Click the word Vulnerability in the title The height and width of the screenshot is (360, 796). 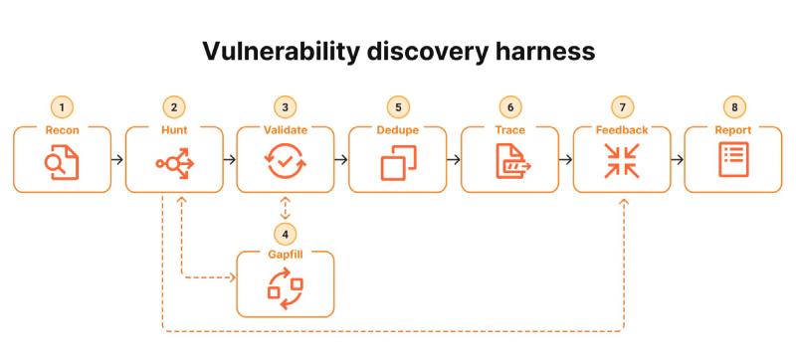click(x=281, y=51)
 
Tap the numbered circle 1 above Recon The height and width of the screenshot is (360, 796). click(x=62, y=107)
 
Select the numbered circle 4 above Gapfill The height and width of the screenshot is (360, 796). click(x=286, y=235)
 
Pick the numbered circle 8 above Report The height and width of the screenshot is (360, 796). click(x=735, y=107)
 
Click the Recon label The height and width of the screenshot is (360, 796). click(x=62, y=130)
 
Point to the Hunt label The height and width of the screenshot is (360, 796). click(x=174, y=130)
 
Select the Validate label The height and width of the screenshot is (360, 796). click(x=286, y=130)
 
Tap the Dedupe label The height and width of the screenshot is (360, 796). click(x=397, y=130)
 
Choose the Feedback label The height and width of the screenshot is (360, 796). click(x=622, y=130)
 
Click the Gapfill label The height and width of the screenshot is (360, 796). click(x=286, y=255)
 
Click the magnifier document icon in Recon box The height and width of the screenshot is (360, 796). click(x=62, y=162)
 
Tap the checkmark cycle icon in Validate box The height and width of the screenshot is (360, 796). click(x=286, y=162)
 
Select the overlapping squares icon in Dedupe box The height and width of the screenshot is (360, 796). click(x=399, y=163)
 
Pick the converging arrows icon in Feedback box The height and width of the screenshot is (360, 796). click(x=622, y=161)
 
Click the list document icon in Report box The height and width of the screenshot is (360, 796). click(x=733, y=160)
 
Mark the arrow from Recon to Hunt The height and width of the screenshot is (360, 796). click(x=117, y=160)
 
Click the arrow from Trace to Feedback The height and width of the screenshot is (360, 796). click(x=566, y=160)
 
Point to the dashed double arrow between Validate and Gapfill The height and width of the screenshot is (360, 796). click(x=286, y=209)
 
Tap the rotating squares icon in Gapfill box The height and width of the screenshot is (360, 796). click(x=285, y=289)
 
